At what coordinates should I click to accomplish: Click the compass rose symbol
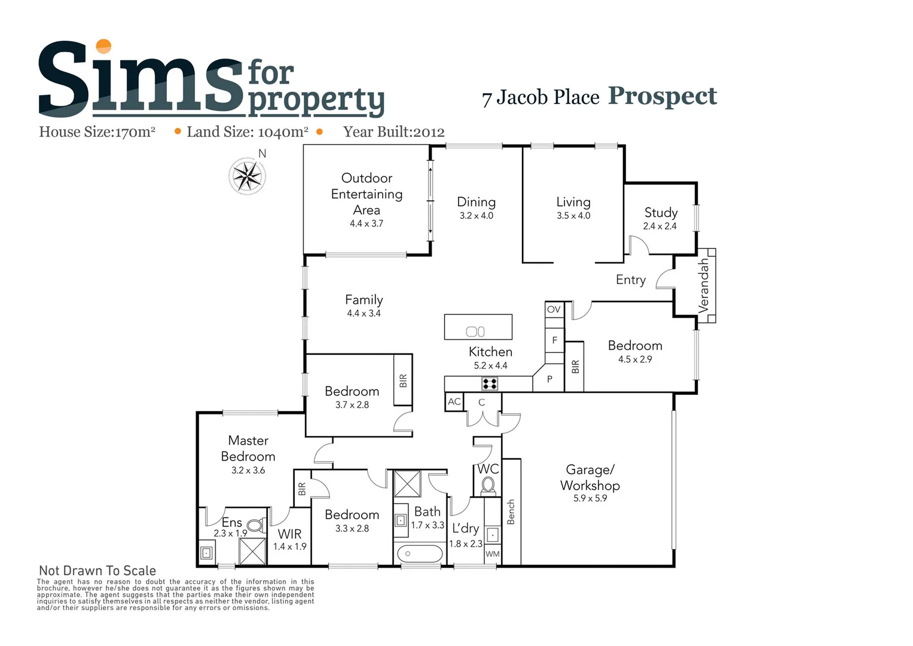click(247, 176)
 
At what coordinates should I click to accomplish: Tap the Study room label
click(661, 212)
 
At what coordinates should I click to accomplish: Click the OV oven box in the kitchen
click(554, 309)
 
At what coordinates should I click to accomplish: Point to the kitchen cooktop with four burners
click(490, 383)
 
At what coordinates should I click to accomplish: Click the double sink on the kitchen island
click(475, 331)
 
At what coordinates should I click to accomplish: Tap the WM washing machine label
click(492, 554)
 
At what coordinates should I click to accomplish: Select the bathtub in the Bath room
click(420, 554)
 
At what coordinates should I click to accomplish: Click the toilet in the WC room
click(488, 484)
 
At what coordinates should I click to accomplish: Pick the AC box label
click(454, 401)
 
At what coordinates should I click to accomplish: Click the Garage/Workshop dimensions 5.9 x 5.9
click(590, 498)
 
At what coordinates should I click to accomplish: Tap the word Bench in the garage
click(511, 512)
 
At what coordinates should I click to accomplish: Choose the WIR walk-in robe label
click(290, 534)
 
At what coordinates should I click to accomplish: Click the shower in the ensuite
click(252, 551)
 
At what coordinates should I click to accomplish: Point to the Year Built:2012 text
click(394, 132)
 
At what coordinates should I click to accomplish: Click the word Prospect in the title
click(662, 96)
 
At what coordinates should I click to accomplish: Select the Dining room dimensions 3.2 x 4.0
click(477, 216)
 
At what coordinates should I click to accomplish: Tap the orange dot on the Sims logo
click(104, 46)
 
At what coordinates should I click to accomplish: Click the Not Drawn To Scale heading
click(97, 571)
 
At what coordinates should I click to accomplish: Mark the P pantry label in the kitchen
click(549, 379)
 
